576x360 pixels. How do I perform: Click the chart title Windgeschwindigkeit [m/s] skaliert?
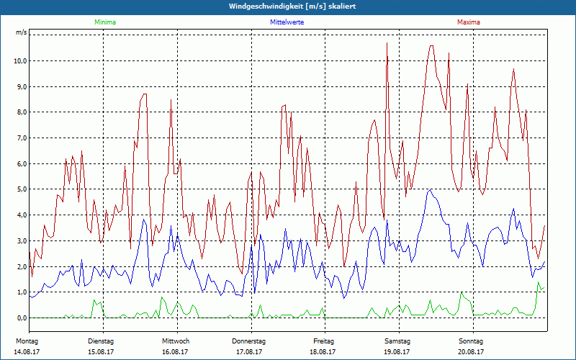tap(288, 6)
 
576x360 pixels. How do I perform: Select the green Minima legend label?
tap(104, 22)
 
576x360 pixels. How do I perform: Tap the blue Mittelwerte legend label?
tap(287, 22)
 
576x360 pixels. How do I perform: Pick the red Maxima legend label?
tap(469, 22)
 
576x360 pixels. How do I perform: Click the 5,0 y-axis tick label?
tap(20, 189)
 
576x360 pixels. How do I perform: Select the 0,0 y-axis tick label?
tap(20, 318)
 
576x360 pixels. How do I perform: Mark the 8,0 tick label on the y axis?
tap(20, 112)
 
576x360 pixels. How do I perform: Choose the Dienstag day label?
tap(101, 341)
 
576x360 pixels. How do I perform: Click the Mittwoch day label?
tap(175, 341)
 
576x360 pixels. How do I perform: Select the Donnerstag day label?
tap(249, 341)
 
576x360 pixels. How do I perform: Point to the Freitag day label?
tap(323, 341)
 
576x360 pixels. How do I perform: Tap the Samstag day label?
tap(397, 341)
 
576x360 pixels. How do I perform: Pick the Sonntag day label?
tap(471, 341)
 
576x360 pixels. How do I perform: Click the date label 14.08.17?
tap(26, 352)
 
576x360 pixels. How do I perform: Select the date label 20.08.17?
tap(471, 352)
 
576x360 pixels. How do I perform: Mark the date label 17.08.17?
tap(249, 352)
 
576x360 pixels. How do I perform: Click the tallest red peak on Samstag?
tap(387, 43)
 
